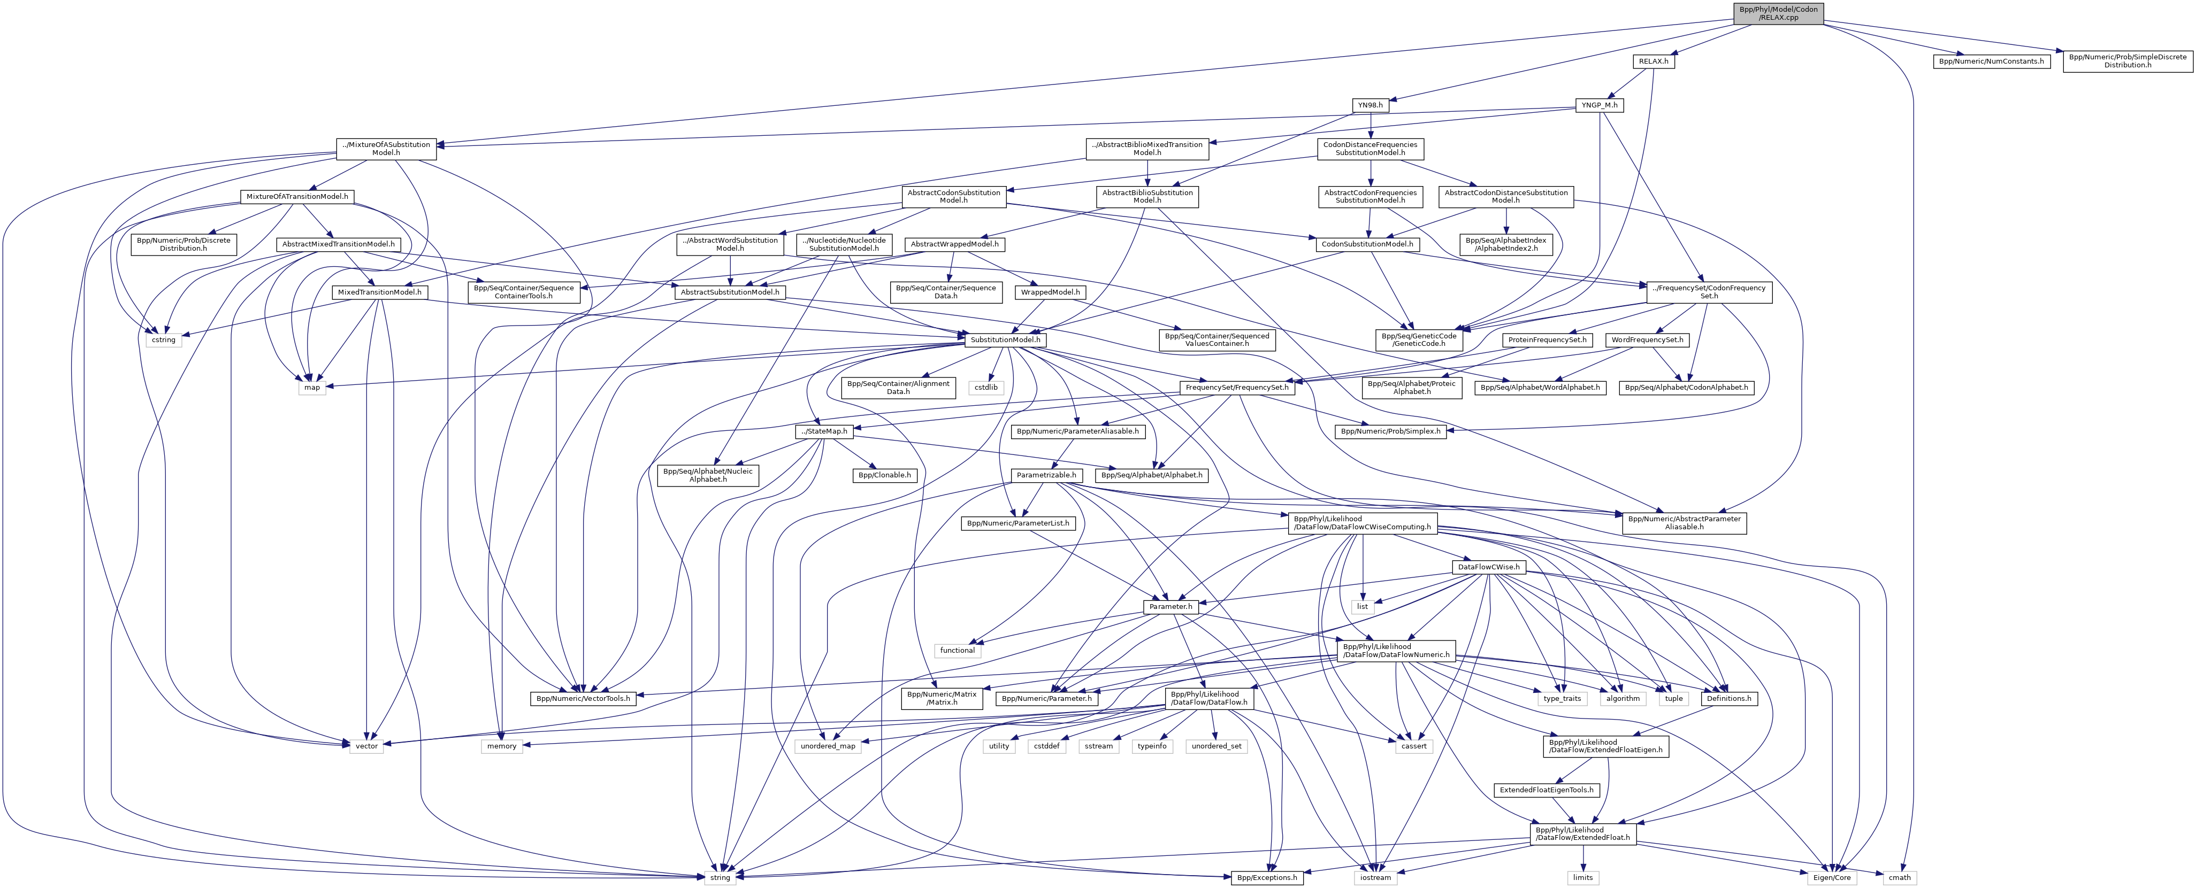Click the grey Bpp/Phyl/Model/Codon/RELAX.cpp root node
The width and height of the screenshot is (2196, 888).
click(x=1778, y=13)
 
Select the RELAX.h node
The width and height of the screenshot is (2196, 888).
click(x=1653, y=61)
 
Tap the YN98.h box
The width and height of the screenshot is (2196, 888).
click(x=1369, y=105)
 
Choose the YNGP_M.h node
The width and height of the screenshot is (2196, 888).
click(x=1598, y=105)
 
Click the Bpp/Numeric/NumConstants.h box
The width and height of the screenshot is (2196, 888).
click(x=1991, y=61)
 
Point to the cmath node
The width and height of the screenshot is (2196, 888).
click(x=1899, y=877)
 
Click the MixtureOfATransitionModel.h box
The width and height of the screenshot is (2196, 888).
click(x=297, y=196)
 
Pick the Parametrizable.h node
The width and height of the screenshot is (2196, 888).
click(x=1046, y=475)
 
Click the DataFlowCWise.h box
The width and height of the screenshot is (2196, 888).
click(x=1488, y=567)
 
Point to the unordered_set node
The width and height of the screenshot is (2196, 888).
click(x=1215, y=746)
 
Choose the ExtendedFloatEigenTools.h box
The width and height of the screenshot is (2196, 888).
click(x=1545, y=790)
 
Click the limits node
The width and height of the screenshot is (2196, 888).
click(x=1583, y=877)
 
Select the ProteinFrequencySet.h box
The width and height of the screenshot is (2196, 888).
click(x=1547, y=339)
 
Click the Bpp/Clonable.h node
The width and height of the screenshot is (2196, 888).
click(x=884, y=475)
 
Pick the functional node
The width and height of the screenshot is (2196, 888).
click(x=958, y=650)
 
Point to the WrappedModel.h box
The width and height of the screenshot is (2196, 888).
click(x=1050, y=291)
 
